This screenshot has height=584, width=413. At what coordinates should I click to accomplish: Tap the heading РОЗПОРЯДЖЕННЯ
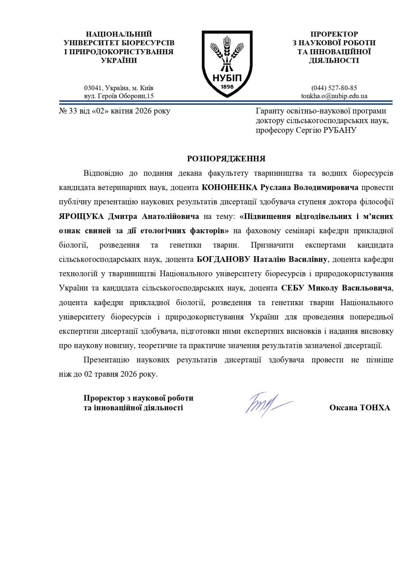[226, 159]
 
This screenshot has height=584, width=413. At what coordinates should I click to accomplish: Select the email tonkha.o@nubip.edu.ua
[334, 96]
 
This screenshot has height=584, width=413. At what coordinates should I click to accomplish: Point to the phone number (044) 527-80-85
[334, 88]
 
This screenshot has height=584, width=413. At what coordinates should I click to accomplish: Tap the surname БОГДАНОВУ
[223, 260]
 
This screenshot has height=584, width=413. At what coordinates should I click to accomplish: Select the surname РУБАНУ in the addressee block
[340, 130]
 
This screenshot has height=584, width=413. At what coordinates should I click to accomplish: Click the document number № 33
[68, 111]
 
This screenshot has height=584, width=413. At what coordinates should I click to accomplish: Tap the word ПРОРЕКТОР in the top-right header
[334, 34]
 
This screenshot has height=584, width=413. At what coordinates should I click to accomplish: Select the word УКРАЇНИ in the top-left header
[119, 61]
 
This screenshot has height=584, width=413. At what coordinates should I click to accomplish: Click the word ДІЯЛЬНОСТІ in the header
[334, 61]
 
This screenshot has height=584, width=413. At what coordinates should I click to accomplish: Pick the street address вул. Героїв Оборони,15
[119, 96]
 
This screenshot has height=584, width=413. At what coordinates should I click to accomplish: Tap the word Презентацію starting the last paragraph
[106, 360]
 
